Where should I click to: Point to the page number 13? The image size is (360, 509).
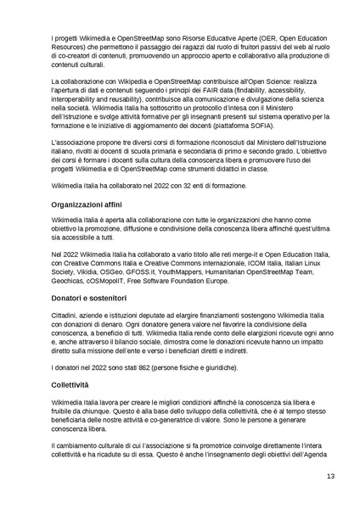330,477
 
